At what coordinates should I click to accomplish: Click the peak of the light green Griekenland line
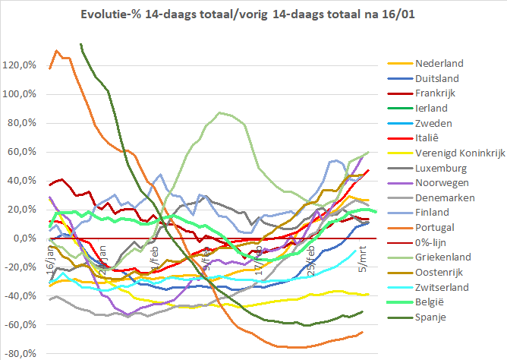click(219, 113)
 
